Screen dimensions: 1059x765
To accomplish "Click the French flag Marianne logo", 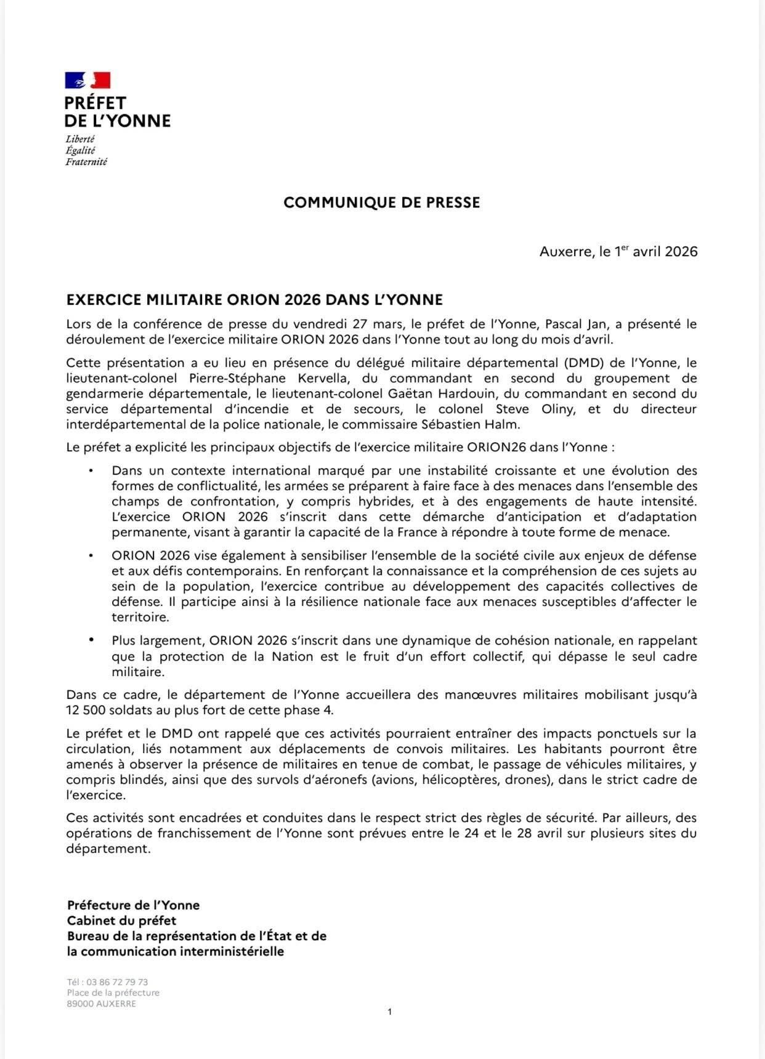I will coord(87,81).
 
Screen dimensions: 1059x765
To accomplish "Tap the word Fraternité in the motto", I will coord(86,162).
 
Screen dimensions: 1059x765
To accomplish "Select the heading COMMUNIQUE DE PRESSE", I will coord(381,203).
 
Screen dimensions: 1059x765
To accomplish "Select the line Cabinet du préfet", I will coord(121,920).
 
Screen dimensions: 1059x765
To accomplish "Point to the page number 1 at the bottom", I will coord(390,1012).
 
